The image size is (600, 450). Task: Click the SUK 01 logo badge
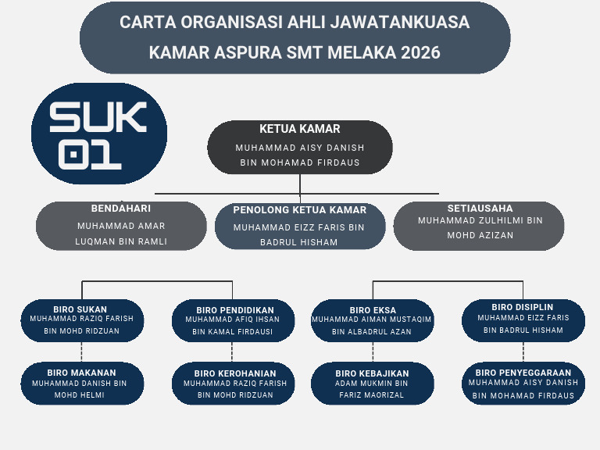click(98, 134)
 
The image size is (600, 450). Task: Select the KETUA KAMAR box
click(300, 147)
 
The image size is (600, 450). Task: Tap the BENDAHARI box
click(121, 226)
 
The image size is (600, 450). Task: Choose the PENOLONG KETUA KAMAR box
click(300, 227)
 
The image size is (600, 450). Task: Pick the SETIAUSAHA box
click(479, 226)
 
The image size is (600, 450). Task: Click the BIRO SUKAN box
click(82, 320)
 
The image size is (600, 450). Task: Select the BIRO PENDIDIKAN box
click(233, 320)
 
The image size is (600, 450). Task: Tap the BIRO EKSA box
click(373, 320)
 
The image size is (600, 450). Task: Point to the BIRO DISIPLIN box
click(523, 320)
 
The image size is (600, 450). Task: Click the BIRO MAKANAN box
click(82, 383)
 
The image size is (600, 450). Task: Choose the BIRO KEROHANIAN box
click(233, 383)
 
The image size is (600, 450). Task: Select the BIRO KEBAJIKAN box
click(373, 383)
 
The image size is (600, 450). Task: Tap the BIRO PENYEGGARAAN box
click(523, 383)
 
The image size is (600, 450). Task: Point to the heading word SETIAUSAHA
click(480, 209)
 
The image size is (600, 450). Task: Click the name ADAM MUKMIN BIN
click(373, 384)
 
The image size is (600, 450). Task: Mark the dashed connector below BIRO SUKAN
click(82, 352)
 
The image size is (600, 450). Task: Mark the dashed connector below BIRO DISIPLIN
click(523, 352)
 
